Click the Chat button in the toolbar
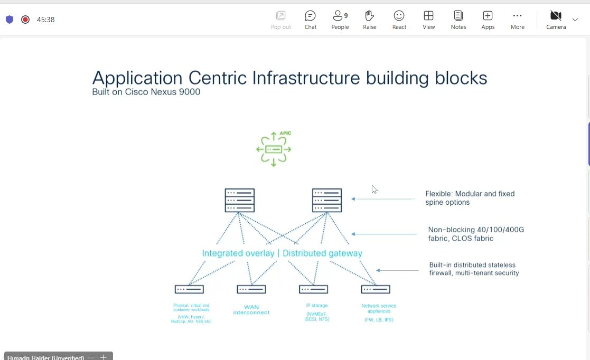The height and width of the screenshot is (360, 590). point(310,20)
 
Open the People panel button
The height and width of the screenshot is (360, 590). point(340,20)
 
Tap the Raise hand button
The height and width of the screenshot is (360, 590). point(369,20)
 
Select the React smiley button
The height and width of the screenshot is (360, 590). point(399,20)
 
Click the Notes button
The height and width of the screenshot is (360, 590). point(458,20)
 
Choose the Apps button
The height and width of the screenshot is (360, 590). point(488,20)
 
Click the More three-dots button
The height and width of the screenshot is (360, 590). point(517,20)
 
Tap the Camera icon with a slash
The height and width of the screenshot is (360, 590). point(556,16)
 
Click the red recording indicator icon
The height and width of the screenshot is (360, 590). point(25,20)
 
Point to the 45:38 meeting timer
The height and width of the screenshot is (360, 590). point(45,20)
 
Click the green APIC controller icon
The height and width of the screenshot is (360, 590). point(273,149)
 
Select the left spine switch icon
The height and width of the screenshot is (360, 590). point(239,200)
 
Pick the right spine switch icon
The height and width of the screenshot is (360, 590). point(326,200)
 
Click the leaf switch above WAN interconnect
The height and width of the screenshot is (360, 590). point(251,289)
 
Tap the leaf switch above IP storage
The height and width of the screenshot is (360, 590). point(313,289)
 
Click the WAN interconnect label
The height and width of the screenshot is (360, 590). point(251,310)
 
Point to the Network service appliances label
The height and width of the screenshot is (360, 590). point(379,308)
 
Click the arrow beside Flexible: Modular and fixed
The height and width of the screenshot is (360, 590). point(383,199)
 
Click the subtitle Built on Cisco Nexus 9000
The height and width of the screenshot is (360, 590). point(146,92)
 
